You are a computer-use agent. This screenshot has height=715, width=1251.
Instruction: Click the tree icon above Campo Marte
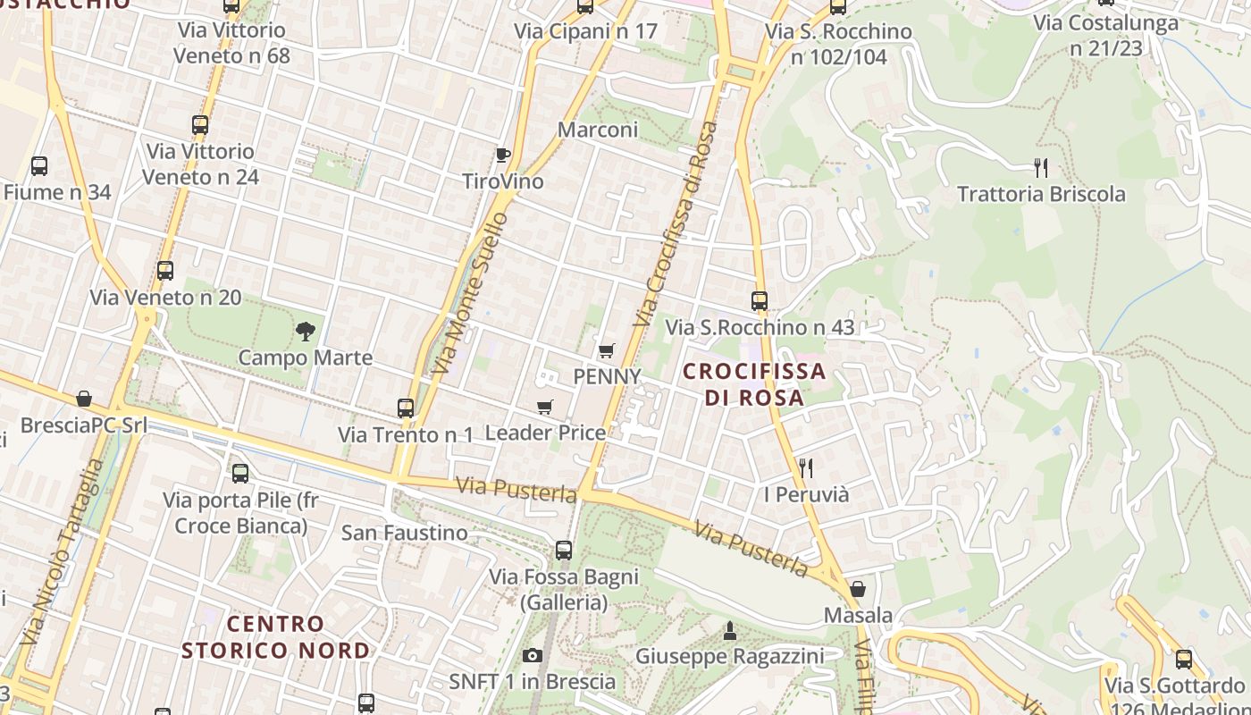click(x=306, y=332)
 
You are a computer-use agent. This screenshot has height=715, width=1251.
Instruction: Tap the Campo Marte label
click(x=306, y=357)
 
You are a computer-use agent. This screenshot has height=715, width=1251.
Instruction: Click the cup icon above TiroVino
click(x=503, y=155)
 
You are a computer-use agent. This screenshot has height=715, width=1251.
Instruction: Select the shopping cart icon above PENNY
click(x=607, y=350)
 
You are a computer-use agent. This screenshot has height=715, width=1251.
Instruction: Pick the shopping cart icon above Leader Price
click(x=545, y=408)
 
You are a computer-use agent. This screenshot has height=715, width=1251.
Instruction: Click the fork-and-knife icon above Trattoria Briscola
click(x=1041, y=167)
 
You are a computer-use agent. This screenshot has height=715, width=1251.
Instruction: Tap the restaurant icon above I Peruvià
click(x=806, y=467)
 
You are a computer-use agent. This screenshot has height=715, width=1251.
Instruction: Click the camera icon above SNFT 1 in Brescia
click(x=533, y=656)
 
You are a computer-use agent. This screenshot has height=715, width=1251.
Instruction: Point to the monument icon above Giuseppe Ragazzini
click(x=730, y=631)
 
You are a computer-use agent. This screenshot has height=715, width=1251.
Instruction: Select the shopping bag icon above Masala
click(x=858, y=589)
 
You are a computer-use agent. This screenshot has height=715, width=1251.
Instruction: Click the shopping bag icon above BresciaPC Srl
click(x=84, y=399)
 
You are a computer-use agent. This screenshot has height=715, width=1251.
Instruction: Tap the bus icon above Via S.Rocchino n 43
click(x=760, y=301)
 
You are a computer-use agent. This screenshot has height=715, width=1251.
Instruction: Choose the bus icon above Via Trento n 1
click(x=406, y=408)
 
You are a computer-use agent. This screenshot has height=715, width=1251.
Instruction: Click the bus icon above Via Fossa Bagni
click(x=564, y=551)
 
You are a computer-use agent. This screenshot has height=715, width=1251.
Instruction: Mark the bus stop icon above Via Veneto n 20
click(x=165, y=271)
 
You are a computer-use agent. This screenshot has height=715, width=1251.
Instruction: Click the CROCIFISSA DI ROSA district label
click(x=754, y=383)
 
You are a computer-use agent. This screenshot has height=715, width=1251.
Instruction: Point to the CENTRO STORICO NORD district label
click(x=275, y=636)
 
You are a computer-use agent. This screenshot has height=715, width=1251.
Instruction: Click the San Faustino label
click(x=404, y=533)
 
